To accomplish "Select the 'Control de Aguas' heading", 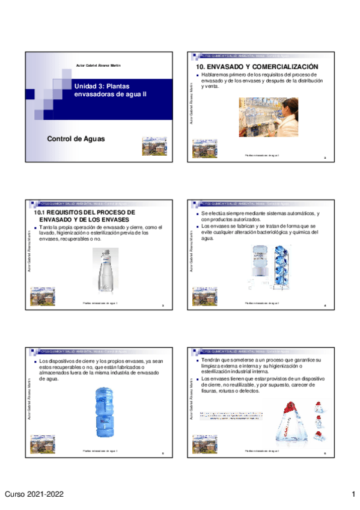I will click(76, 139).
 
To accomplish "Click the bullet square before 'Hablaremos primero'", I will click(198, 75).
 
